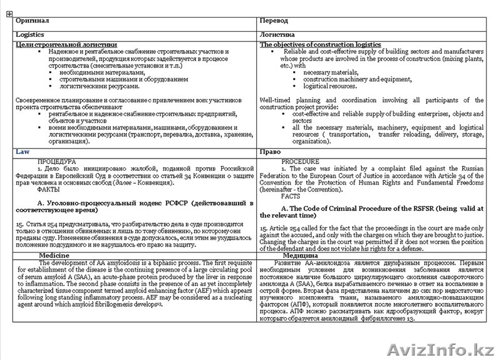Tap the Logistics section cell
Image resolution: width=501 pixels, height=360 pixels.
click(30, 35)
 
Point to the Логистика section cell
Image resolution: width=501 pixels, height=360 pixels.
click(277, 35)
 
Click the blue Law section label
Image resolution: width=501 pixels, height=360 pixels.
click(22, 152)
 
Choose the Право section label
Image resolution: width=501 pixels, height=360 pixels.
click(270, 152)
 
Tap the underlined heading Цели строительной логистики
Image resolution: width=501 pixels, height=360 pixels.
click(66, 44)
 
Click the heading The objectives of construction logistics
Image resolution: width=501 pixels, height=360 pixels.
click(320, 44)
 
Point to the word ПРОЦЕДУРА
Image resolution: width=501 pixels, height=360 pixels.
click(57, 161)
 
